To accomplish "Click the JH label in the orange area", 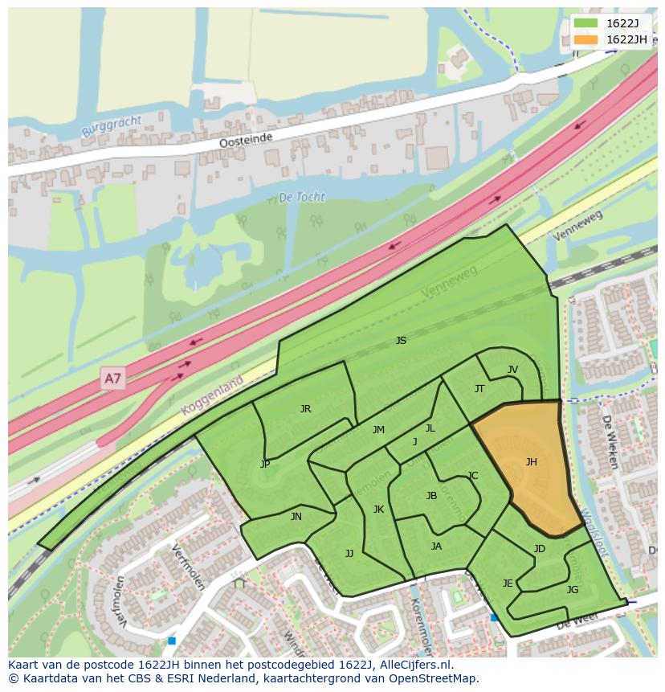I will point(531,461).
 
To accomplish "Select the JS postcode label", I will point(401,341).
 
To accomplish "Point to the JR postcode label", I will point(305,408).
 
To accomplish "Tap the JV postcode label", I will point(512,370).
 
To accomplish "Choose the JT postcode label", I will point(479,388).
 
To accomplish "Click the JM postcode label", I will point(378,430).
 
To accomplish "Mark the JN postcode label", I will point(296,517).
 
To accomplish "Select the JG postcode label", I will point(573,589).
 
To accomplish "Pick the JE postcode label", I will point(508,583).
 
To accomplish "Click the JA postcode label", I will point(436,546).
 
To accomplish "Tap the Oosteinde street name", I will point(247,140).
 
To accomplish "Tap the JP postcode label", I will point(265,464).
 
